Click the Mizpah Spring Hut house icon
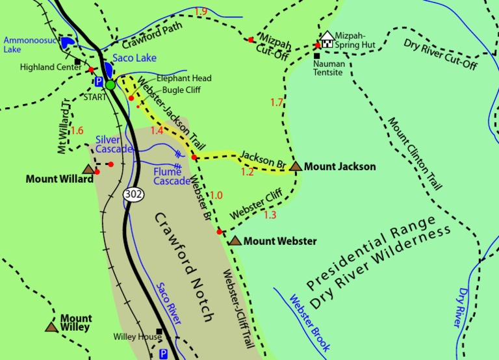[x=327, y=40]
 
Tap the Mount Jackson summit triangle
[x=296, y=167]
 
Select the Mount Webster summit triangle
[x=235, y=241]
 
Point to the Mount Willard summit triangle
[x=88, y=169]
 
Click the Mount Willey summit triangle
[x=51, y=326]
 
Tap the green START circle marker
[x=110, y=84]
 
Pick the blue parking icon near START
[x=99, y=82]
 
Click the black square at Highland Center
[x=77, y=62]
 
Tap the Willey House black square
[x=158, y=331]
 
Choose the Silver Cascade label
[x=114, y=144]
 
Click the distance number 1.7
[x=276, y=102]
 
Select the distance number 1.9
[x=200, y=12]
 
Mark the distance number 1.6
[x=77, y=131]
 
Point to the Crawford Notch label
[x=184, y=266]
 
